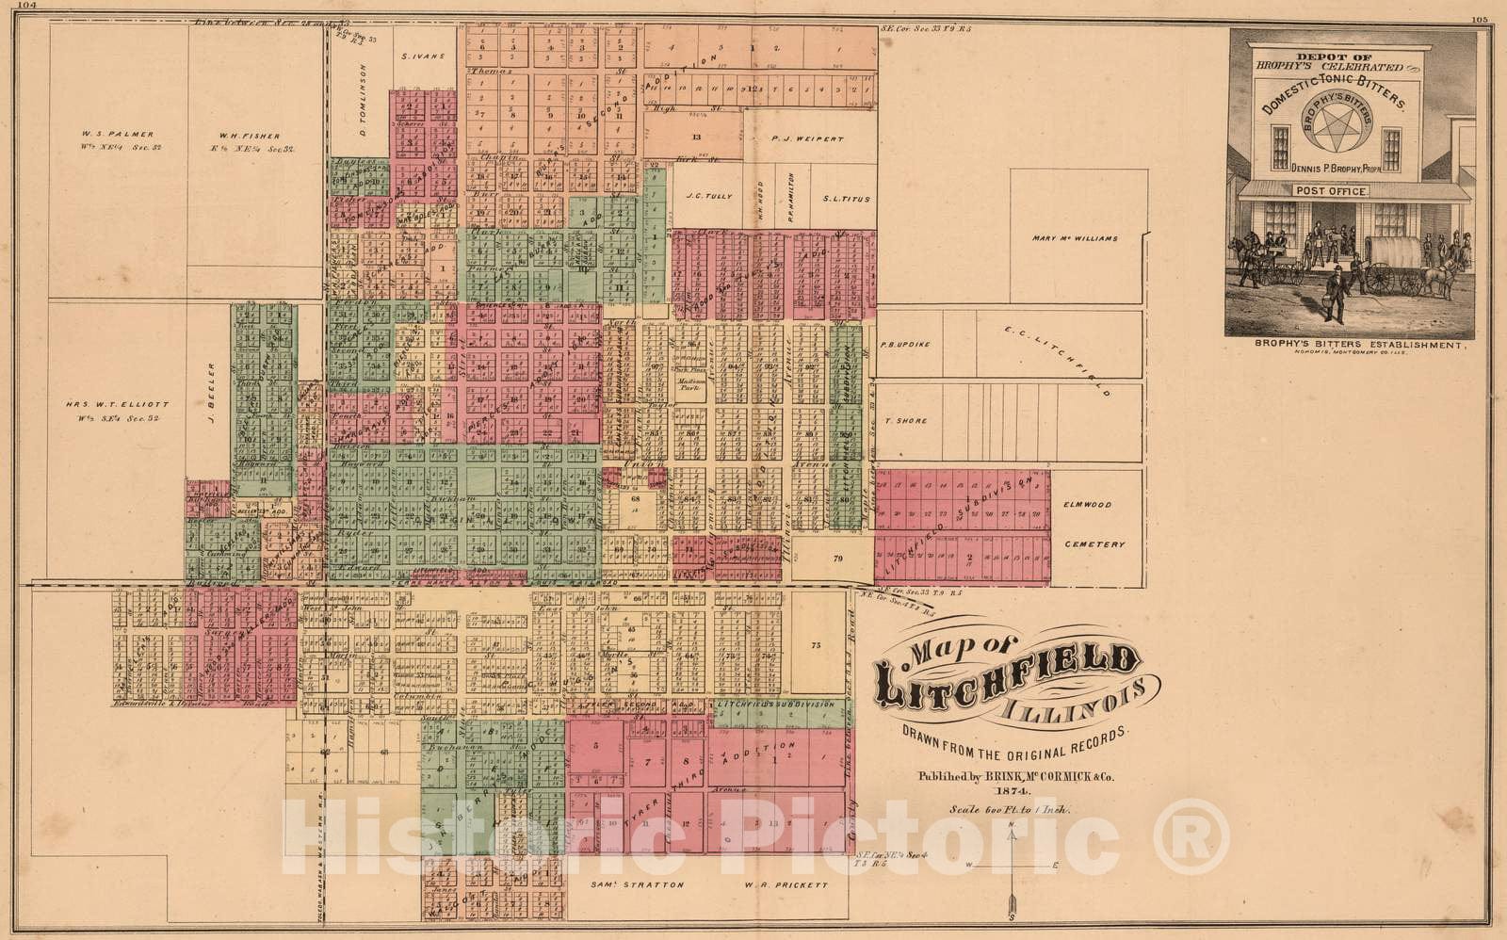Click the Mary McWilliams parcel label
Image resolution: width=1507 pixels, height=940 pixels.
point(1075,238)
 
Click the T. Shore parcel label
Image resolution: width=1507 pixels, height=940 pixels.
point(905,421)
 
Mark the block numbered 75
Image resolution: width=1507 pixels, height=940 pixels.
point(817,645)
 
